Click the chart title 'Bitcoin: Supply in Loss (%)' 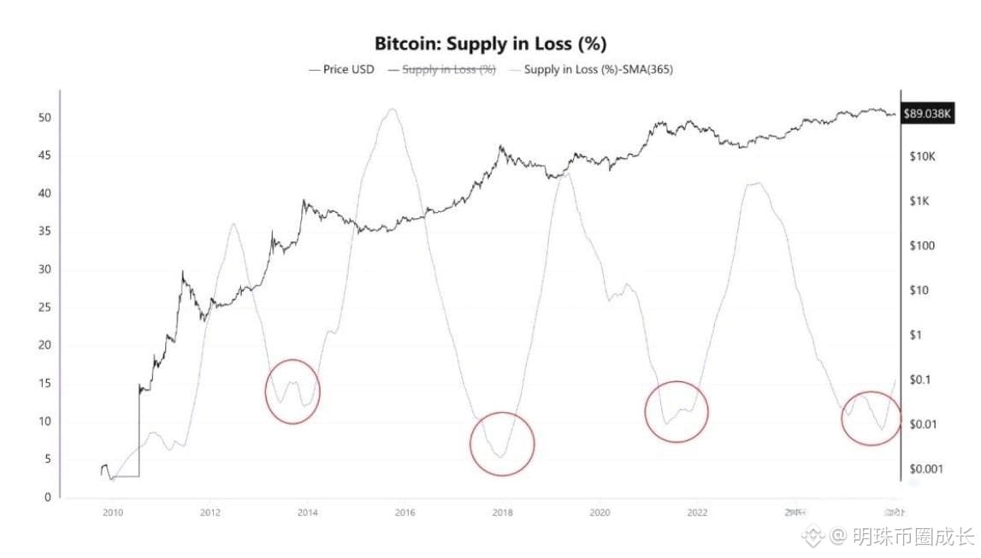[490, 44]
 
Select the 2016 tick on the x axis [405, 513]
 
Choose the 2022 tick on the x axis [698, 513]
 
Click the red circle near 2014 [293, 391]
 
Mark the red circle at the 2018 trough [502, 443]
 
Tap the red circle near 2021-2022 [677, 412]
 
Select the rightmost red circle [872, 419]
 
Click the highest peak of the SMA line [392, 109]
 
